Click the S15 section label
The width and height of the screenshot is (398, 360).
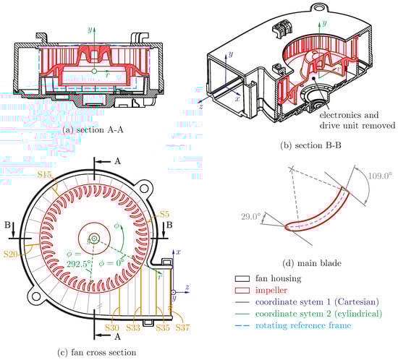click(45, 174)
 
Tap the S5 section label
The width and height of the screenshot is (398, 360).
click(164, 215)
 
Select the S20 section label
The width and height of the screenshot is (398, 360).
click(11, 254)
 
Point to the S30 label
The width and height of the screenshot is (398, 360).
click(112, 327)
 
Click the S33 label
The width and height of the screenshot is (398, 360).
click(133, 327)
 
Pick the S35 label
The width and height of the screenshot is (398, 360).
click(163, 327)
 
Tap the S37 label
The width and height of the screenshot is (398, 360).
click(182, 327)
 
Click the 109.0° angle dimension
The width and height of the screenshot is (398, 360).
click(380, 176)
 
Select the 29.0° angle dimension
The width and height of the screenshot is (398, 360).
click(251, 217)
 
